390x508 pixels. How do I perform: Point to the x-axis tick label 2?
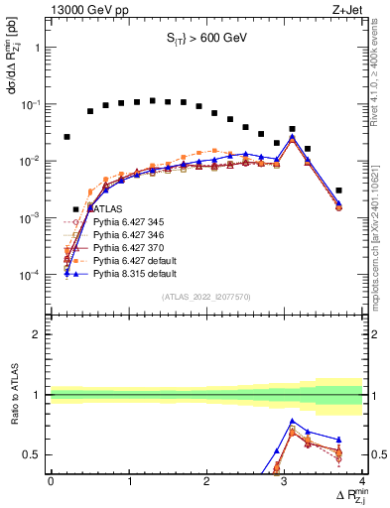pyautogui.click(x=206, y=480)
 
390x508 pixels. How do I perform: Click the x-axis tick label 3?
pyautogui.click(x=285, y=480)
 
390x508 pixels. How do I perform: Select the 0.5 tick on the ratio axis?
pyautogui.click(x=34, y=455)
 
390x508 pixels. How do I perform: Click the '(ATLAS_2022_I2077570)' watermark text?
pyautogui.click(x=206, y=296)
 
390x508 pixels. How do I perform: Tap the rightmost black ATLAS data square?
pyautogui.click(x=338, y=190)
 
